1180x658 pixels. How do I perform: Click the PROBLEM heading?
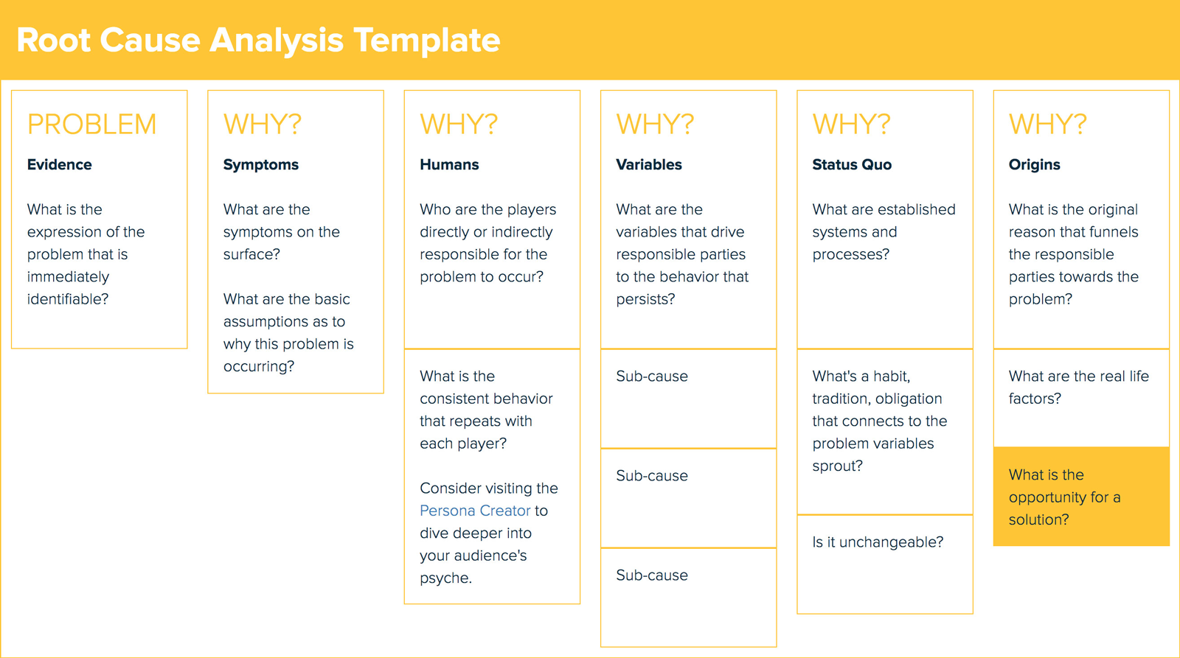(x=91, y=125)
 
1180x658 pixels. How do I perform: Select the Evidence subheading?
(x=59, y=164)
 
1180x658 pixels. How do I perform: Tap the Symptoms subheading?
(x=260, y=164)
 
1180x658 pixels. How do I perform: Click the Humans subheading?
(x=449, y=164)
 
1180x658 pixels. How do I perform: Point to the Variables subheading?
(x=648, y=164)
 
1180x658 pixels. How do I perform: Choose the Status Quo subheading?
(x=852, y=164)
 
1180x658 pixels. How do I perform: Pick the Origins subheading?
(x=1034, y=164)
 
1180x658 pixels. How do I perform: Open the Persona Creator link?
(x=475, y=511)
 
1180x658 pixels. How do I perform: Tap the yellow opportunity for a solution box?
(x=1080, y=497)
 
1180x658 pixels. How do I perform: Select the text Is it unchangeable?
(x=878, y=542)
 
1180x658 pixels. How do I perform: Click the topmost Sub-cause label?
(x=652, y=377)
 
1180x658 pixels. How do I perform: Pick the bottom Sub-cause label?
(x=652, y=575)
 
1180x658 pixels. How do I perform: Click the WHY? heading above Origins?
(x=1047, y=125)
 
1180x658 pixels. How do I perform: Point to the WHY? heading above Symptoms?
(x=263, y=125)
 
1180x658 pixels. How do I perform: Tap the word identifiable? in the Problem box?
(x=68, y=299)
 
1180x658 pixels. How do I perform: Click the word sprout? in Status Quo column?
(x=837, y=466)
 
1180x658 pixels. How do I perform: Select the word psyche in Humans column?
(x=444, y=578)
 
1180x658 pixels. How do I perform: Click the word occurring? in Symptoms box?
(x=258, y=366)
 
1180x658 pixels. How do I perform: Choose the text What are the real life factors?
(x=1078, y=387)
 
